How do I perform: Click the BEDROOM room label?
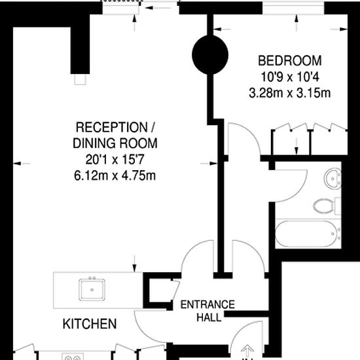290,61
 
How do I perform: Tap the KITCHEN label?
90,324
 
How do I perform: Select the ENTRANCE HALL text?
207,311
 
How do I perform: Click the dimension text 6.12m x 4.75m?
115,176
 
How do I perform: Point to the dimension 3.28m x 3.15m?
290,93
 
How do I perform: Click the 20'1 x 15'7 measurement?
115,160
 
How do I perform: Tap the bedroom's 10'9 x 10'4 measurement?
290,77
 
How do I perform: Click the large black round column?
210,55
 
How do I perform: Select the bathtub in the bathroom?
307,234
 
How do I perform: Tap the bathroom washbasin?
333,179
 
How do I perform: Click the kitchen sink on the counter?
92,289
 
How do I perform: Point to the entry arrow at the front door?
247,351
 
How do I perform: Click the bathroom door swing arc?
301,189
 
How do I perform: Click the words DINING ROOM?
115,143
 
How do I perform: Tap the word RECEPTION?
111,127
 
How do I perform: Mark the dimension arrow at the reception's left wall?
22,164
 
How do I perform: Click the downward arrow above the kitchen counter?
135,263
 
